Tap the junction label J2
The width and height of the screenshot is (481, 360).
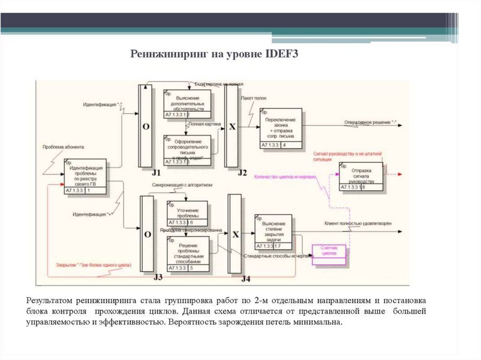tap(242, 173)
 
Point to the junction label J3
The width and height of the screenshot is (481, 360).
tap(158, 277)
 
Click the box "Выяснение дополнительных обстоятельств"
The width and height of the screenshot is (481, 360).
tap(187, 103)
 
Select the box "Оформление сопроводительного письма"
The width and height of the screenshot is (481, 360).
tap(187, 150)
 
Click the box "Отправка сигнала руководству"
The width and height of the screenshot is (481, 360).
tap(361, 176)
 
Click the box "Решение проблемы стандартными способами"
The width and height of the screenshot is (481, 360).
tap(187, 253)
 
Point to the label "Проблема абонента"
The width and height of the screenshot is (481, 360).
tap(63, 147)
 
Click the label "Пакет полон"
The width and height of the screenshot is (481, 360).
tap(253, 99)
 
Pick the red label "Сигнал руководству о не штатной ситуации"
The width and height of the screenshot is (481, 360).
tap(348, 156)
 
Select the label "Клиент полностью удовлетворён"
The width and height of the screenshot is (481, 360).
tap(357, 223)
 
